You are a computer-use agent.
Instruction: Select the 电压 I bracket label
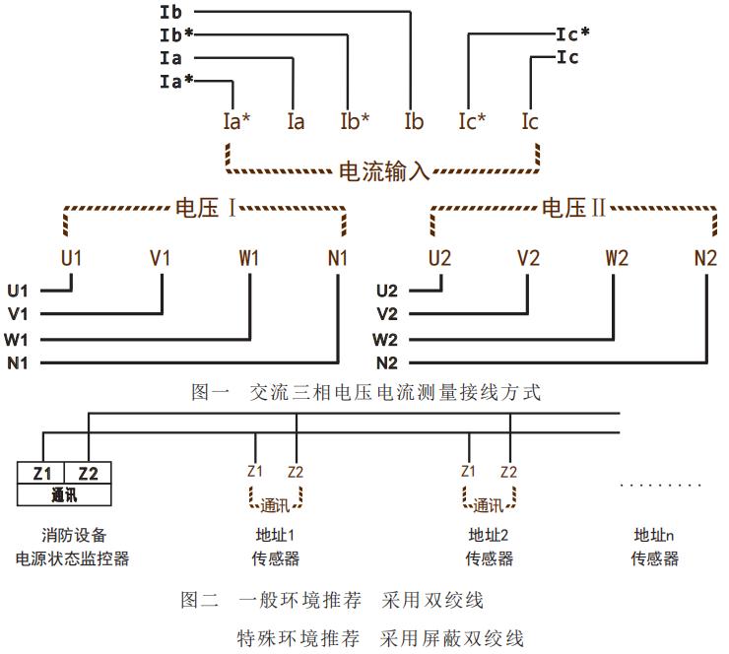click(207, 209)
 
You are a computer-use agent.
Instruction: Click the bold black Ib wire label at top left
click(169, 13)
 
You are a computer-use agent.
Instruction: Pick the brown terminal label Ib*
click(356, 122)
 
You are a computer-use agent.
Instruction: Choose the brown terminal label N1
click(338, 259)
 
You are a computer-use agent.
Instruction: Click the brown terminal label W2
click(618, 259)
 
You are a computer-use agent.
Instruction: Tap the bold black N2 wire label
click(386, 361)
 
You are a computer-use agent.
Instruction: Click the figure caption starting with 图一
click(365, 392)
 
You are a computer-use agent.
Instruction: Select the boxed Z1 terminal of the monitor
click(42, 473)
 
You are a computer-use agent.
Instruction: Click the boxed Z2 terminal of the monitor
click(89, 473)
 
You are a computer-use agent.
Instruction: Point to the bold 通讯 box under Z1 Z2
click(65, 494)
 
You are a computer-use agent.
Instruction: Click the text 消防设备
click(71, 536)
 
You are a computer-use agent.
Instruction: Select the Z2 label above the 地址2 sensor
click(508, 472)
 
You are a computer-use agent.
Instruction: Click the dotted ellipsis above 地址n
click(661, 486)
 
